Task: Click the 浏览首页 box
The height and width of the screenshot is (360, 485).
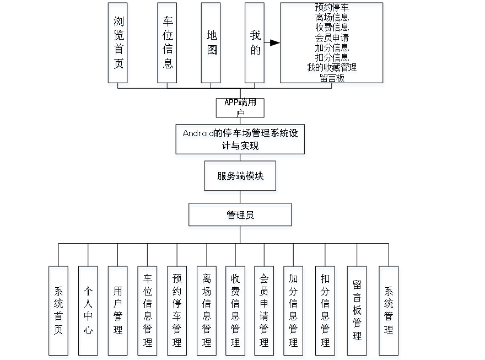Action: pos(118,45)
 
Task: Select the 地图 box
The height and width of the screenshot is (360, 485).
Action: pos(212,45)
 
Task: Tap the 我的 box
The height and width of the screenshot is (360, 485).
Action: pos(255,45)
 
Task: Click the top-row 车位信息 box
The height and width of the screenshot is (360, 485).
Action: pos(168,45)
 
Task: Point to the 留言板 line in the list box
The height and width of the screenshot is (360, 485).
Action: pos(332,78)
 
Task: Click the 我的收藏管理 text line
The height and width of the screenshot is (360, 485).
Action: pos(332,68)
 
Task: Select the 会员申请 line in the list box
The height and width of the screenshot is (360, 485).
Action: pos(332,38)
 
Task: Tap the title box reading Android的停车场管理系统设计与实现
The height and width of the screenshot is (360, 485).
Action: pos(240,140)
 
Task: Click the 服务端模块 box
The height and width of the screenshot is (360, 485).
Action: pos(240,177)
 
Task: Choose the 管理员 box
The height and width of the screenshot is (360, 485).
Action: pos(240,217)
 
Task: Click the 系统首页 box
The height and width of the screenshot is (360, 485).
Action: pos(60,311)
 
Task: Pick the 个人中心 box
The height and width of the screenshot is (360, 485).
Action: pos(89,311)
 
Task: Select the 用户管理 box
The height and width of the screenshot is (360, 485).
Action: pos(118,311)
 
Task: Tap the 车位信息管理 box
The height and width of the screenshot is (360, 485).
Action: pos(148,311)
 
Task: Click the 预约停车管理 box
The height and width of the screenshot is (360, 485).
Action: pos(177,311)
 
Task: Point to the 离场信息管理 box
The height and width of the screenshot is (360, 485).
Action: pos(207,311)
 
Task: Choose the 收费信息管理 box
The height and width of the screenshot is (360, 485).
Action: pos(236,311)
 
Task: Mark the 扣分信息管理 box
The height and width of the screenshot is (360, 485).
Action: pos(326,311)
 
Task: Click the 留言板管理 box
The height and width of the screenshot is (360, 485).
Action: pos(357,311)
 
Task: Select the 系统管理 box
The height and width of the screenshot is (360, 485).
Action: pos(389,311)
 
